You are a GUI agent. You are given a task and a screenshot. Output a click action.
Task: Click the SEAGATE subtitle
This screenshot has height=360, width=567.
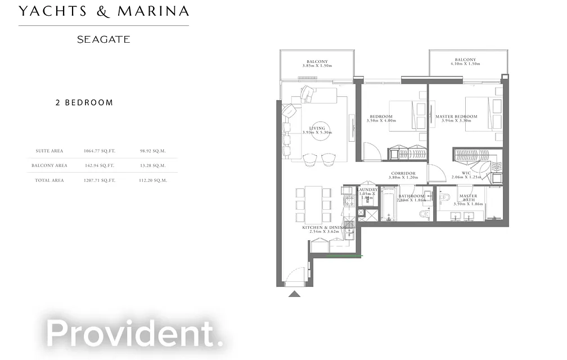pyautogui.click(x=103, y=39)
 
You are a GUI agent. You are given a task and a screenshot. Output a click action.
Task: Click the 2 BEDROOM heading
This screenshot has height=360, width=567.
pyautogui.click(x=84, y=103)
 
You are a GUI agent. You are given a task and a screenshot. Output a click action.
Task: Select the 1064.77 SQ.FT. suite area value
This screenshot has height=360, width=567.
pyautogui.click(x=99, y=151)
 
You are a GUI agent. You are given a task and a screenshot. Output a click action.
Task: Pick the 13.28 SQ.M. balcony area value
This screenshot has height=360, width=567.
pyautogui.click(x=153, y=165)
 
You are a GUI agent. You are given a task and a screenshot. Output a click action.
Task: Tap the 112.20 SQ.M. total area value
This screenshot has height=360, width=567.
pyautogui.click(x=153, y=180)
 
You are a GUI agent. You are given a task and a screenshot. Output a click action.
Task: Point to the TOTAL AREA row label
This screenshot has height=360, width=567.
pyautogui.click(x=49, y=180)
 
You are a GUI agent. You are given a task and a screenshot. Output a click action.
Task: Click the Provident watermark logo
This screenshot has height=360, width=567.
pyautogui.click(x=135, y=332)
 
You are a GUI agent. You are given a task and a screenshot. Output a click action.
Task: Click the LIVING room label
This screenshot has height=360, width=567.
pyautogui.click(x=317, y=128)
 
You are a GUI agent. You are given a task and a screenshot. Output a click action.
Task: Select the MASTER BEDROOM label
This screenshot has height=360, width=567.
pyautogui.click(x=456, y=117)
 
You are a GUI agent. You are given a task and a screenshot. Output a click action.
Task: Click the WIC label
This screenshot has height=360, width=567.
pyautogui.click(x=466, y=173)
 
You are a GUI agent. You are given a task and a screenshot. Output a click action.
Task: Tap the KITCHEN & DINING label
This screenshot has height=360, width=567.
pyautogui.click(x=321, y=227)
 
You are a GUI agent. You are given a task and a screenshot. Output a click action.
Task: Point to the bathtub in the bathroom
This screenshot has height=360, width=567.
pyautogui.click(x=389, y=206)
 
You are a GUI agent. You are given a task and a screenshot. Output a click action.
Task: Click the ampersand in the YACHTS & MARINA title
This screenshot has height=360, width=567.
pyautogui.click(x=102, y=11)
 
